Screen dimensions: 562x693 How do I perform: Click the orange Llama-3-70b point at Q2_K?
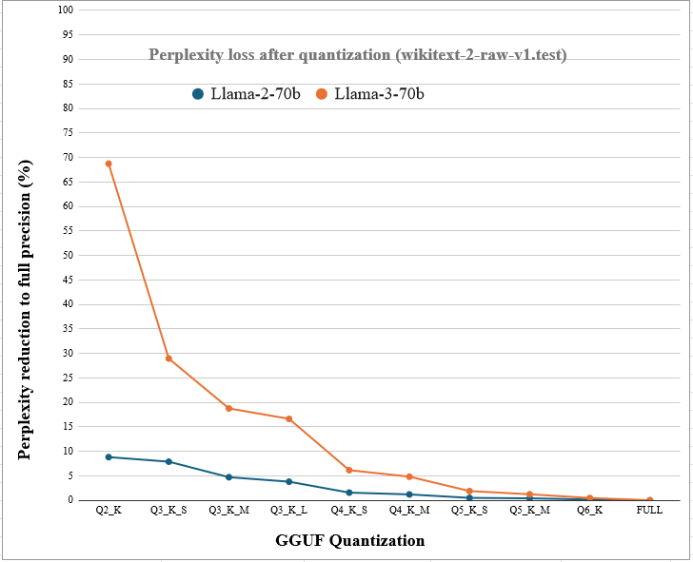(109, 164)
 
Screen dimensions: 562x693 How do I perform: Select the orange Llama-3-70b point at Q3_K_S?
(168, 359)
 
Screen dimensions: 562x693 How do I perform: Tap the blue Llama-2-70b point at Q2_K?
(109, 457)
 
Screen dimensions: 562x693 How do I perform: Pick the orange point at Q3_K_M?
(228, 408)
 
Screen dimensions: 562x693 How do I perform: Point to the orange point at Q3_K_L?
(288, 419)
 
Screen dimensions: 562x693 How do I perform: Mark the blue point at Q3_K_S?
(168, 462)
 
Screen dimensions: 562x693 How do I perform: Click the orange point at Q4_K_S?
(349, 470)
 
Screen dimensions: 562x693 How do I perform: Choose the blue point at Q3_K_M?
(228, 477)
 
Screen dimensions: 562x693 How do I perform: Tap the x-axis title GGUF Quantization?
(349, 541)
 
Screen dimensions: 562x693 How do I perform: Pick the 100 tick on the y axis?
(66, 10)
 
